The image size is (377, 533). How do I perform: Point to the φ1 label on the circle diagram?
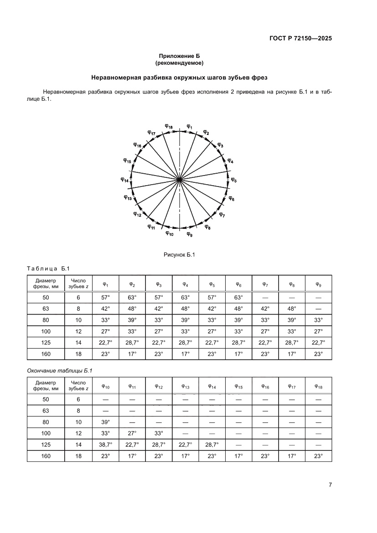[x=190, y=126]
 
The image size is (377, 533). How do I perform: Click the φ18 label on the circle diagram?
[x=168, y=126]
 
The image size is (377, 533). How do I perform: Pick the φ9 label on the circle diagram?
[x=189, y=234]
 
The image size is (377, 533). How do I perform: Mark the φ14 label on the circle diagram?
[x=124, y=180]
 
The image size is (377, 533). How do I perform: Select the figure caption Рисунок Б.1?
[x=179, y=255]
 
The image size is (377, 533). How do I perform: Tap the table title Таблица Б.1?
[x=47, y=268]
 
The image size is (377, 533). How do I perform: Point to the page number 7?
[x=330, y=485]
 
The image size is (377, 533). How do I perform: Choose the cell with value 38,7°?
[x=106, y=445]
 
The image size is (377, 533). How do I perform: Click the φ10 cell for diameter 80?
[x=106, y=422]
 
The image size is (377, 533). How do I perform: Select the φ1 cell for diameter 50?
[x=106, y=297]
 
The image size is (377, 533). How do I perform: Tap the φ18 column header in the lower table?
[x=318, y=387]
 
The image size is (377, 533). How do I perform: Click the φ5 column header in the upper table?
[x=212, y=285]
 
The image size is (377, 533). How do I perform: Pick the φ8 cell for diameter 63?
[x=292, y=309]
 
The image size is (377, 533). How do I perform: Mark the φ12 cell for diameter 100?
[x=159, y=433]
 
